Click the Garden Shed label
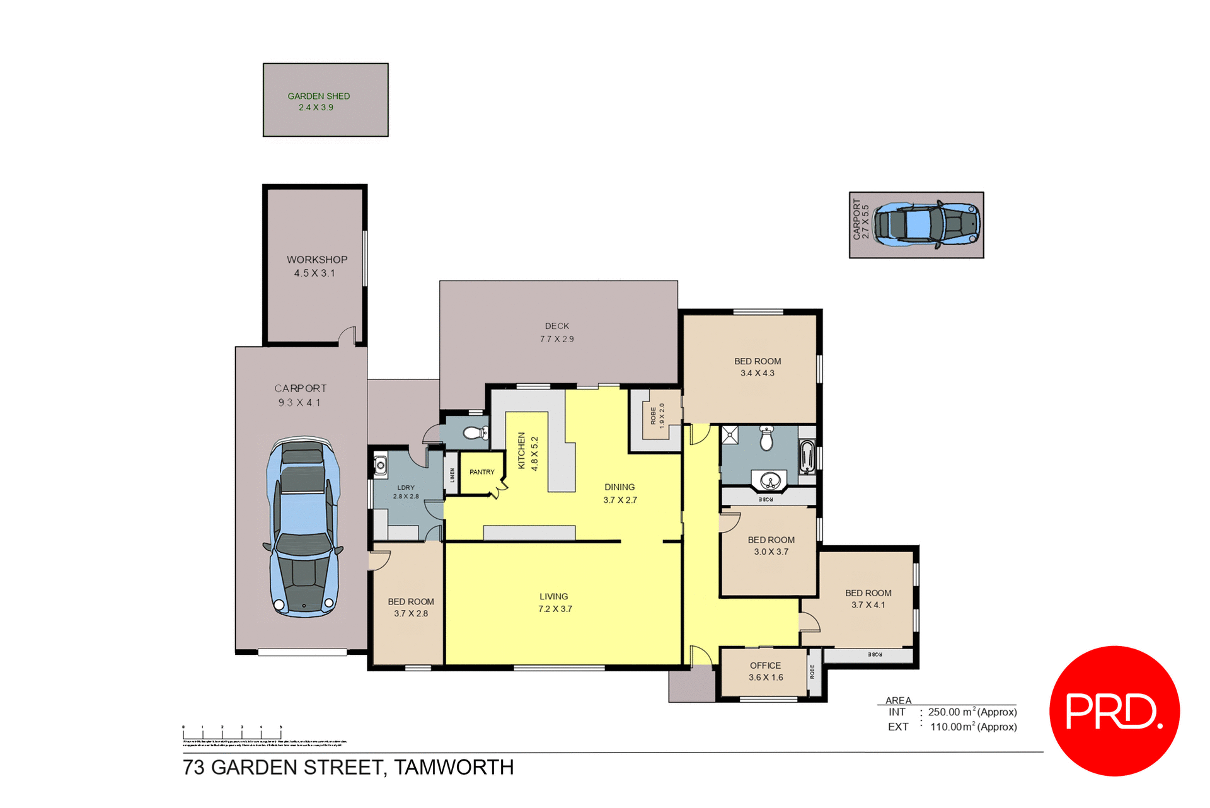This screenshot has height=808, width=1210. tap(318, 101)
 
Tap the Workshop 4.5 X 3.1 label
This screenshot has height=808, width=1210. tap(316, 266)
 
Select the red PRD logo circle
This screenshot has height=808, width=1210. tap(1114, 710)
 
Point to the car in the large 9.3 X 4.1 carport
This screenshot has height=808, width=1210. tap(303, 527)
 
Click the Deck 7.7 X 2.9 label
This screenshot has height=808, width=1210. tap(556, 332)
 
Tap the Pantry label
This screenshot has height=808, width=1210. tap(481, 472)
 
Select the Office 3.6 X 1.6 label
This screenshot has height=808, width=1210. tap(765, 671)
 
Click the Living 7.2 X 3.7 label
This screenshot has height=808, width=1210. tap(554, 603)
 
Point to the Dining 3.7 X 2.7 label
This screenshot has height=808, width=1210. tap(619, 493)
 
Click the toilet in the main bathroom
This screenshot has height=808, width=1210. tap(766, 438)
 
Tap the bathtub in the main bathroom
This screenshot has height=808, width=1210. tap(807, 457)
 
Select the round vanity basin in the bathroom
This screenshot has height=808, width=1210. tap(769, 482)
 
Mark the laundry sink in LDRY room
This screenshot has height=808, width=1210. tap(380, 466)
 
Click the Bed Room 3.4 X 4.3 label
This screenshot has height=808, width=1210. tap(758, 367)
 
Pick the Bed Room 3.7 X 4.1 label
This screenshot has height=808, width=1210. tap(868, 599)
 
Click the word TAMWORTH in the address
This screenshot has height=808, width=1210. tap(454, 767)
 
